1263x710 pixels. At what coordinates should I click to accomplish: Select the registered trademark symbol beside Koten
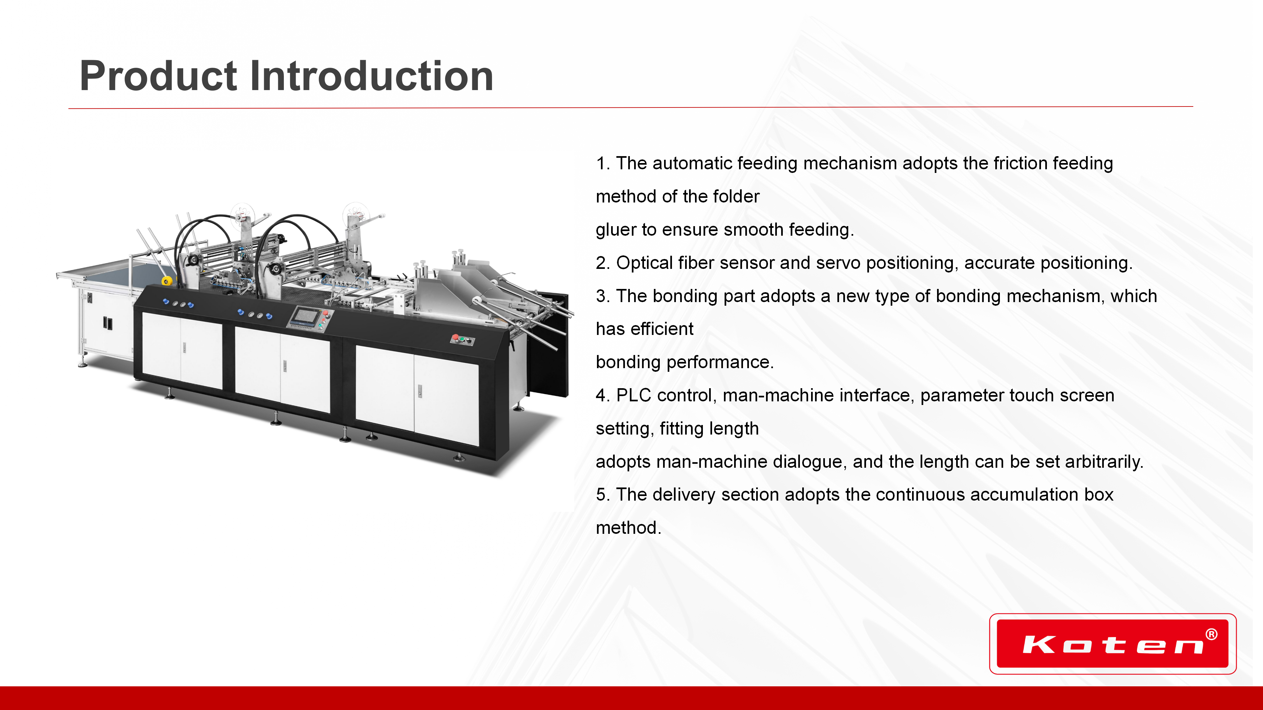[1211, 634]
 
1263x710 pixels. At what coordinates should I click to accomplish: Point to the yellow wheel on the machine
[167, 281]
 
